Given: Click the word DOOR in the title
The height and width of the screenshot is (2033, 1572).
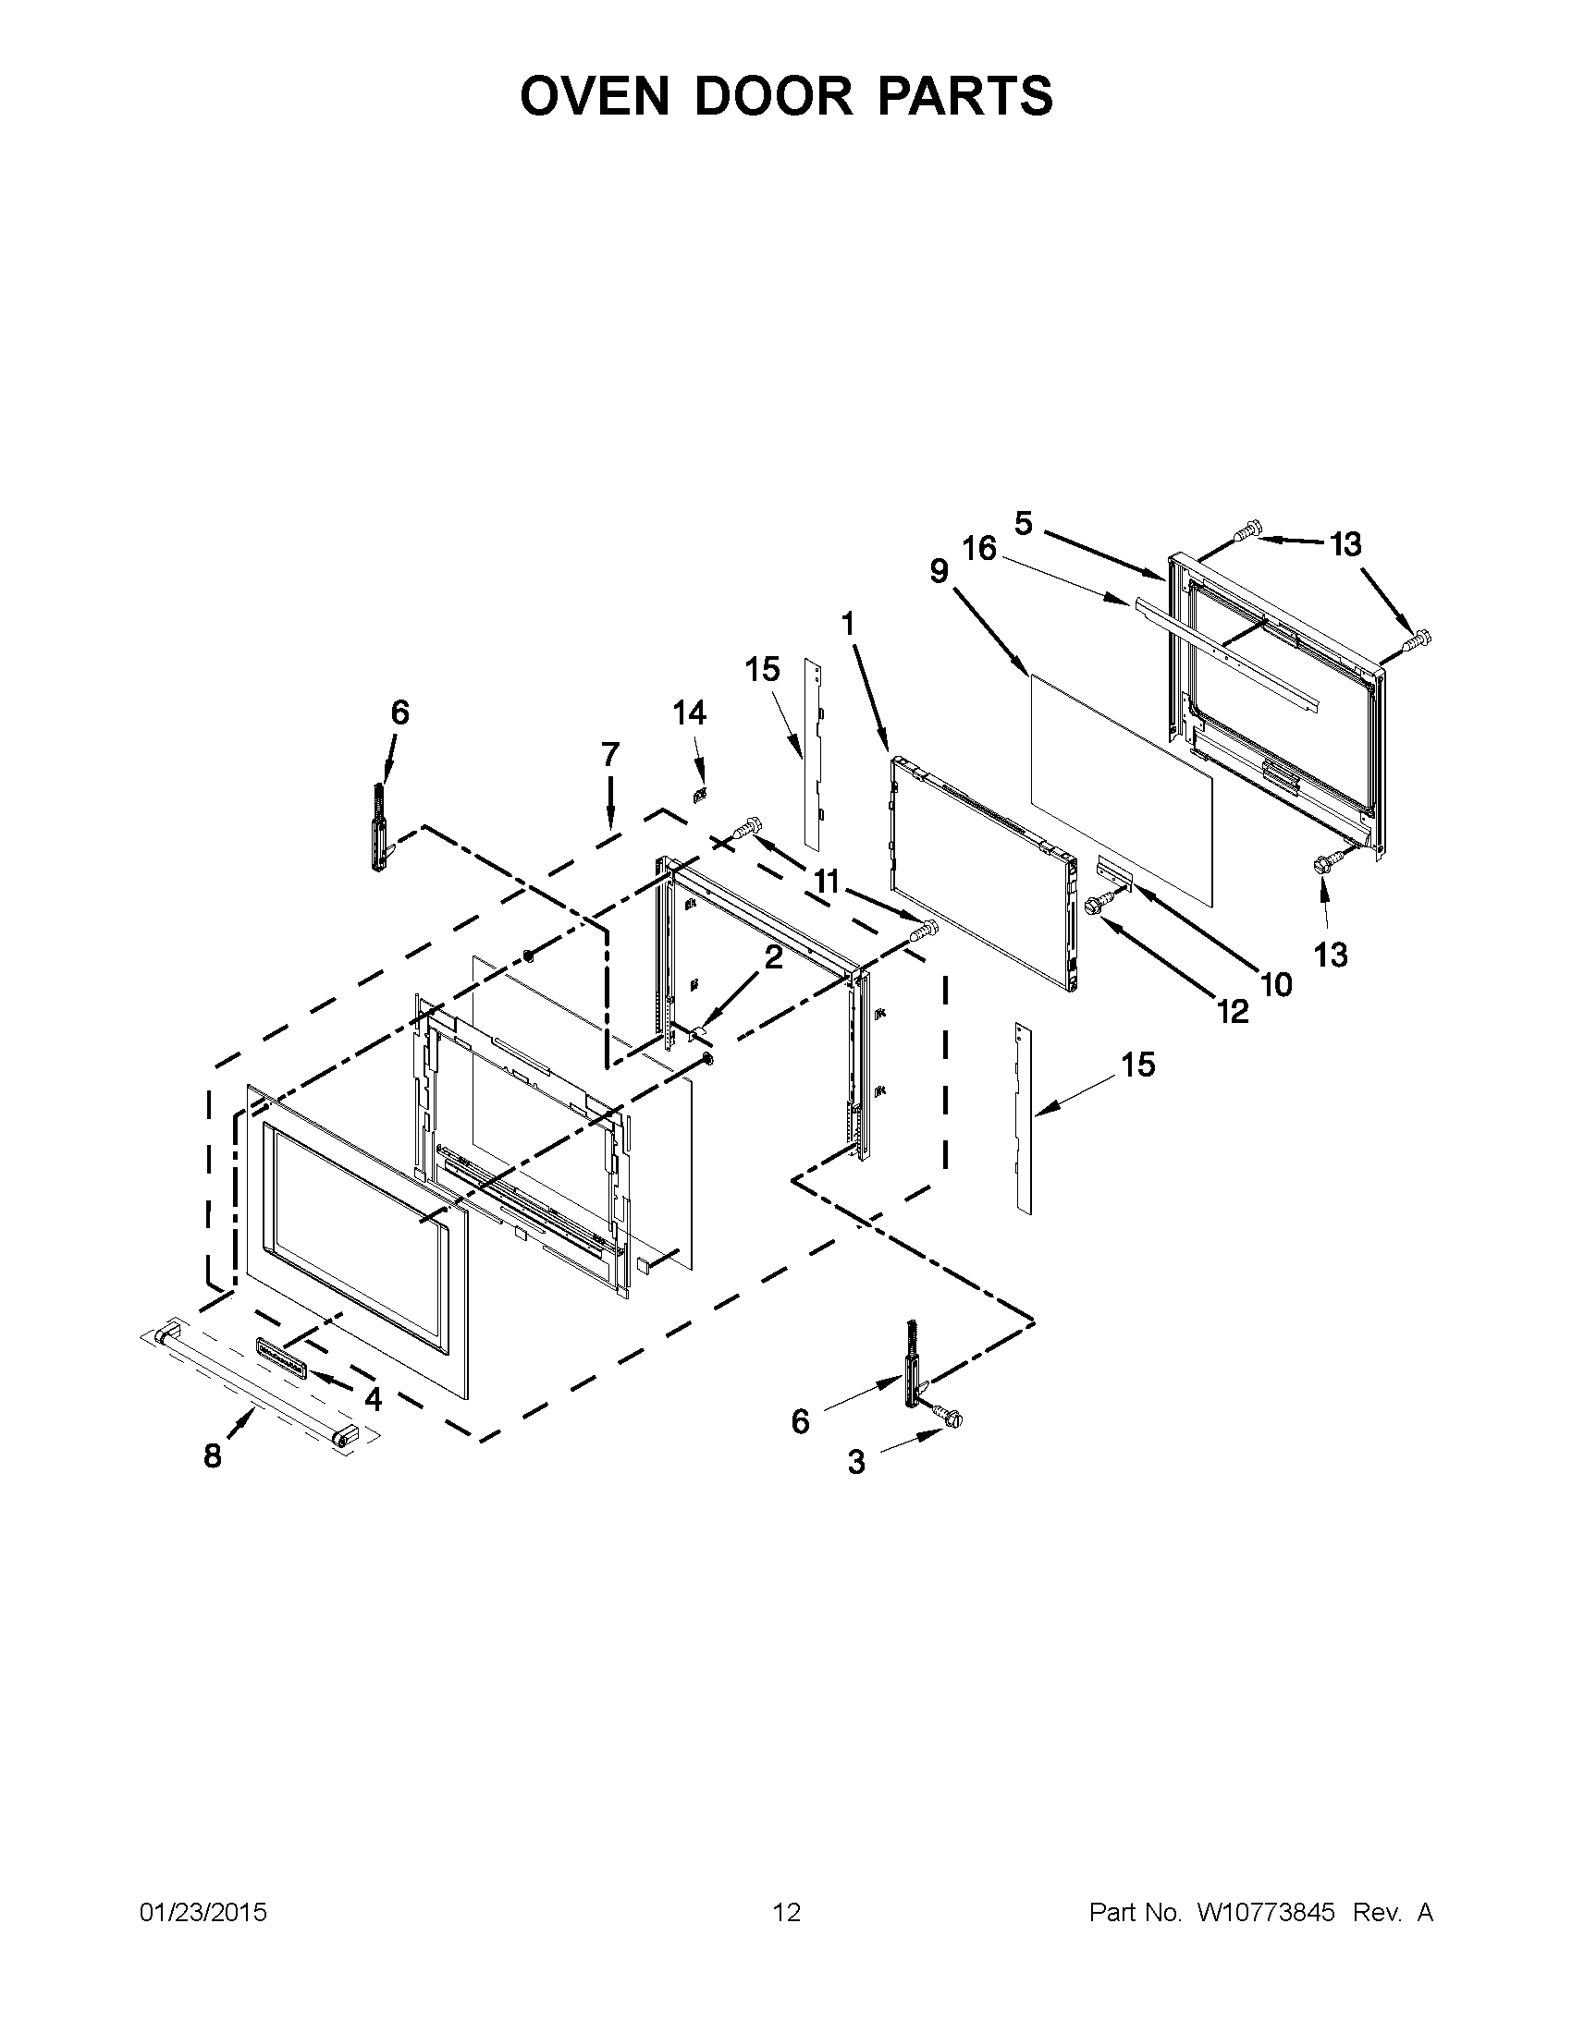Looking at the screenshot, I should click(x=773, y=96).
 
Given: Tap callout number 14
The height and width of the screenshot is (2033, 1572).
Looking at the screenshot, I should click(x=689, y=713).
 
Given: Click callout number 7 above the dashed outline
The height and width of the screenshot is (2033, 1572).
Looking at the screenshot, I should click(x=610, y=755).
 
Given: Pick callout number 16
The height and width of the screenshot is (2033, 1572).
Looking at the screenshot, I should click(x=979, y=549).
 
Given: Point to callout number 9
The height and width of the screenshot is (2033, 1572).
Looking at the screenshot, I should click(x=939, y=570).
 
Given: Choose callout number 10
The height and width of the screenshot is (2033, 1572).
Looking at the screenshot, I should click(x=1276, y=984).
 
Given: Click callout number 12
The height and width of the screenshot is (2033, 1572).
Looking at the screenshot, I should click(x=1232, y=1012).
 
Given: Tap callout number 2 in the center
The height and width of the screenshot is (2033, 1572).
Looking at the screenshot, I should click(x=774, y=957).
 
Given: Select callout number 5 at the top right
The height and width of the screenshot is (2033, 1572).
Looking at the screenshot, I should click(x=1024, y=524).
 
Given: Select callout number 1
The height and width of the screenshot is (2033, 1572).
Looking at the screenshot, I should click(x=847, y=625).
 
